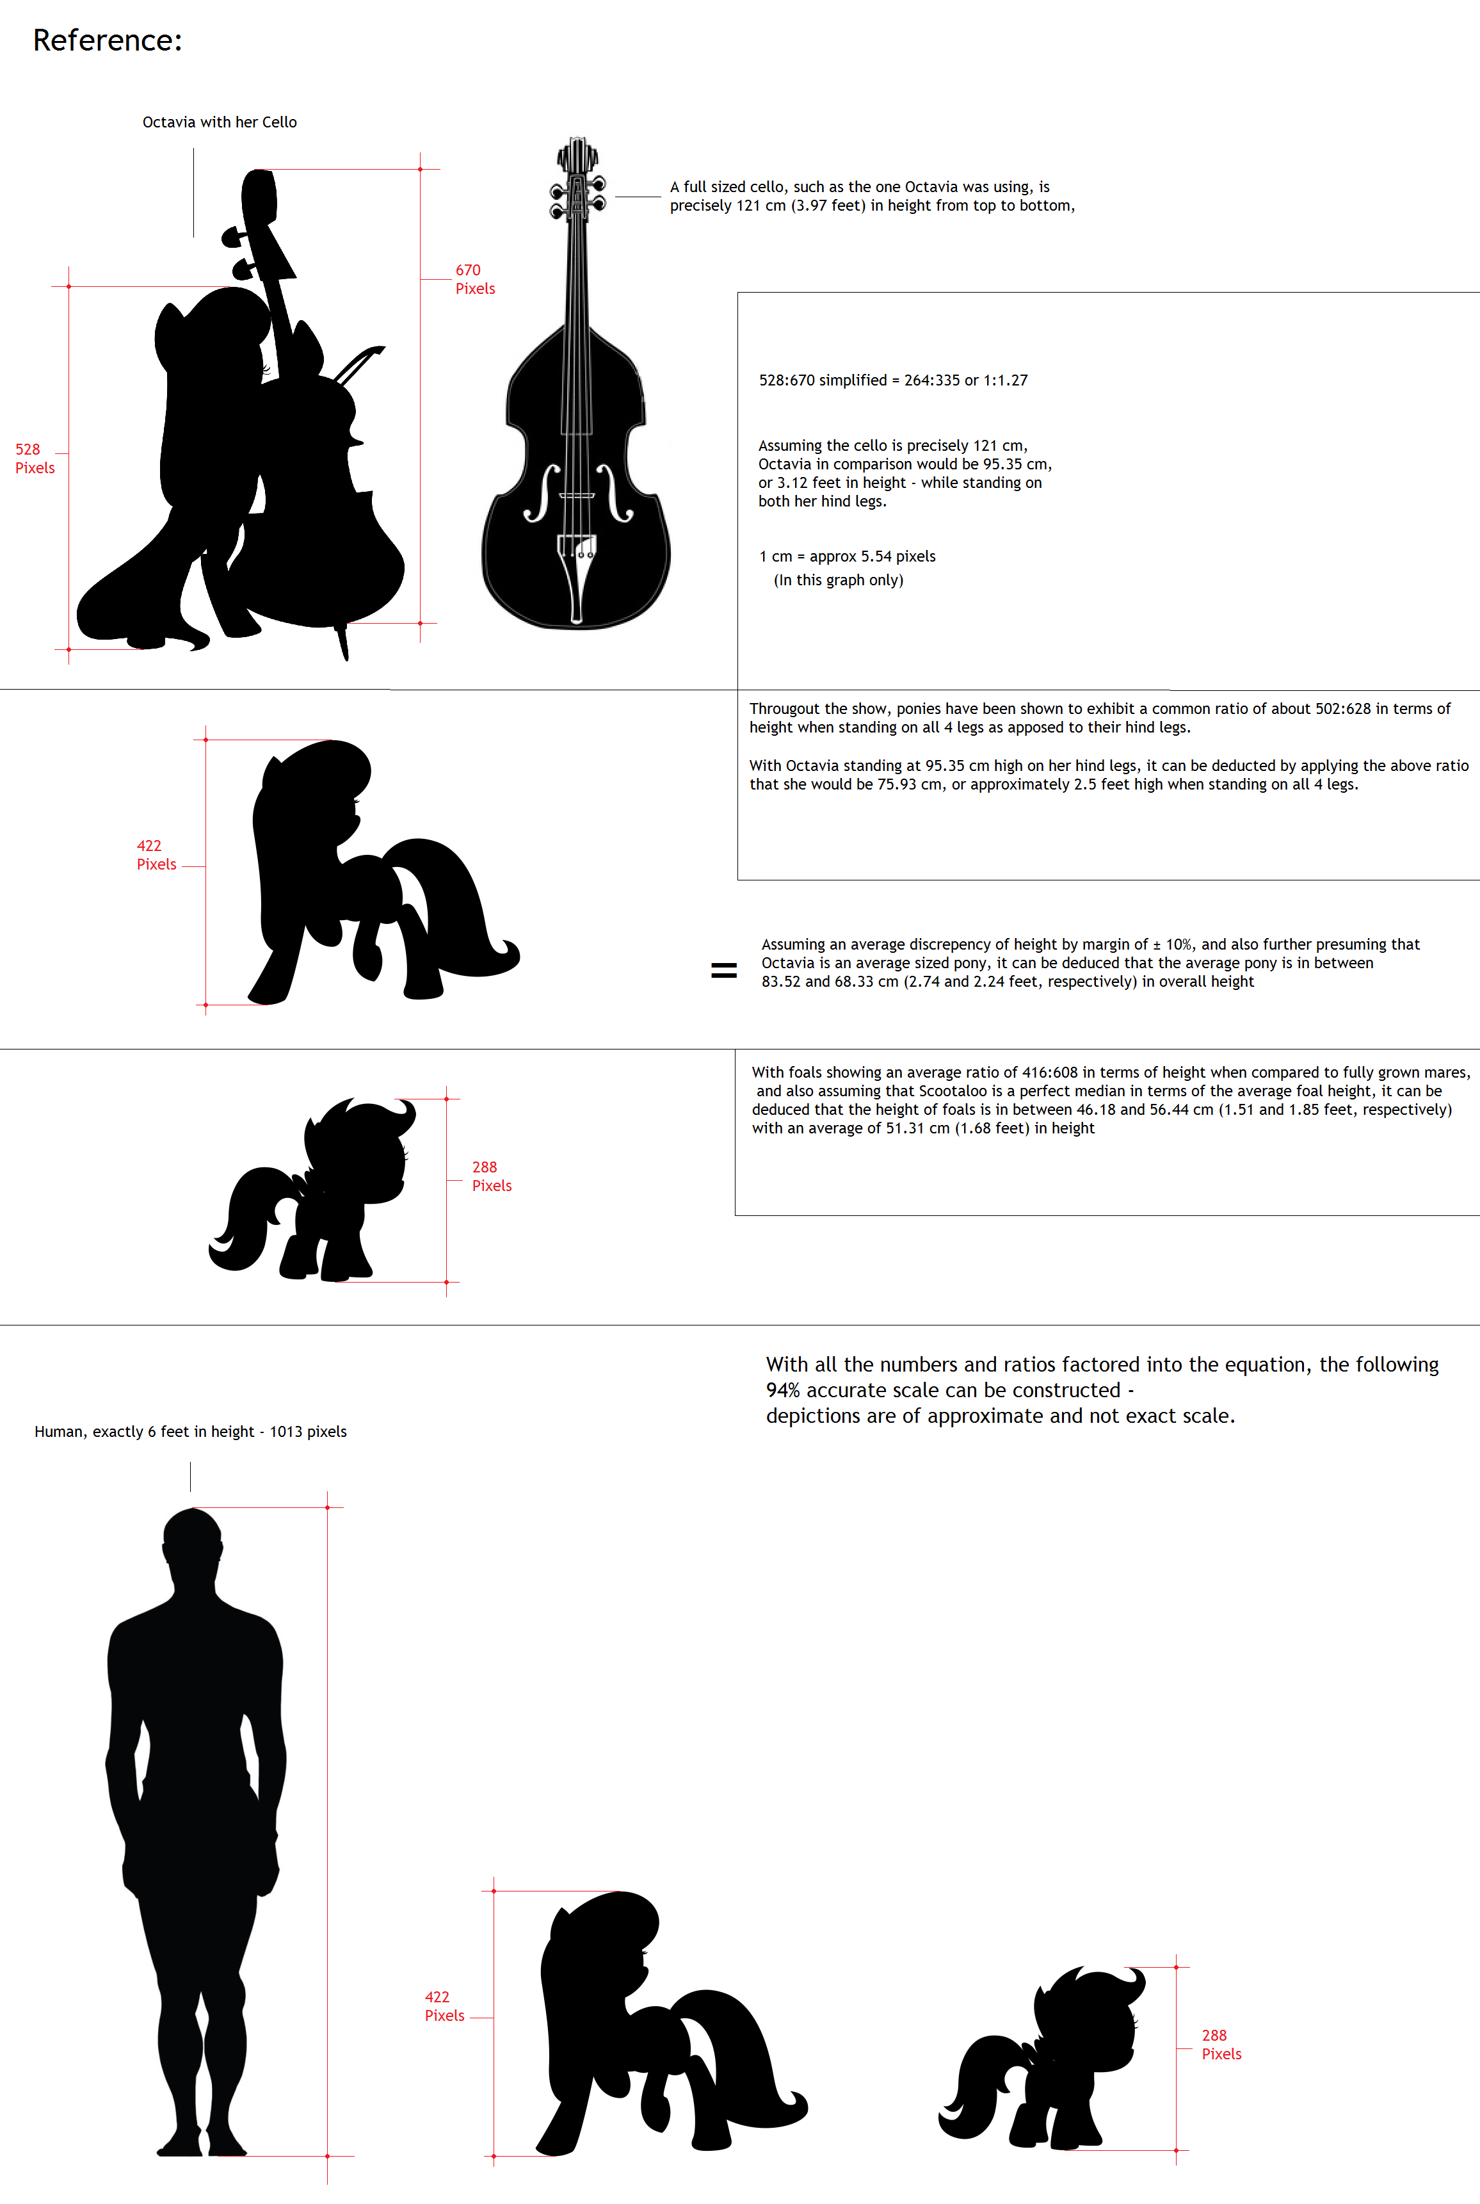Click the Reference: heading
108,40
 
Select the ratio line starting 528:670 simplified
893,380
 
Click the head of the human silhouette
193,1539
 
